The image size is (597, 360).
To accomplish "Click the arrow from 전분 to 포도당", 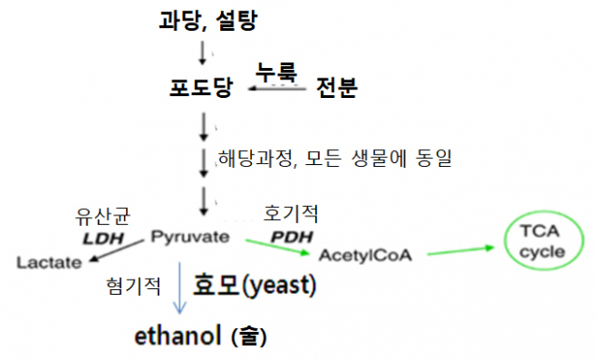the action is (276, 90).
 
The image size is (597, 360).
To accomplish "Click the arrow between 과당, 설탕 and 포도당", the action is (203, 54).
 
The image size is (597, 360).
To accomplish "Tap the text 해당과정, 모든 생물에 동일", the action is (334, 159).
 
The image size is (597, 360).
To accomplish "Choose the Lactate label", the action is (49, 263).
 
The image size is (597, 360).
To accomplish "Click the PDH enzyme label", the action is (288, 238).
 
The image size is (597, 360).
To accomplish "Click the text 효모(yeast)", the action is (255, 284).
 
